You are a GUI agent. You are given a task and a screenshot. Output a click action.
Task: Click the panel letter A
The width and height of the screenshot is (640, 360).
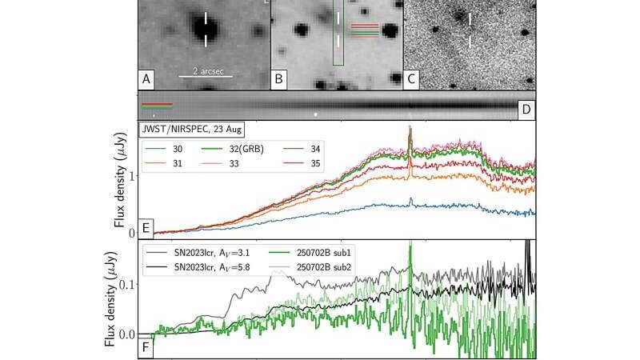(146, 78)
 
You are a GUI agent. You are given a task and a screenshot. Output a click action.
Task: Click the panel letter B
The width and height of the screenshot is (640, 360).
(279, 78)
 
